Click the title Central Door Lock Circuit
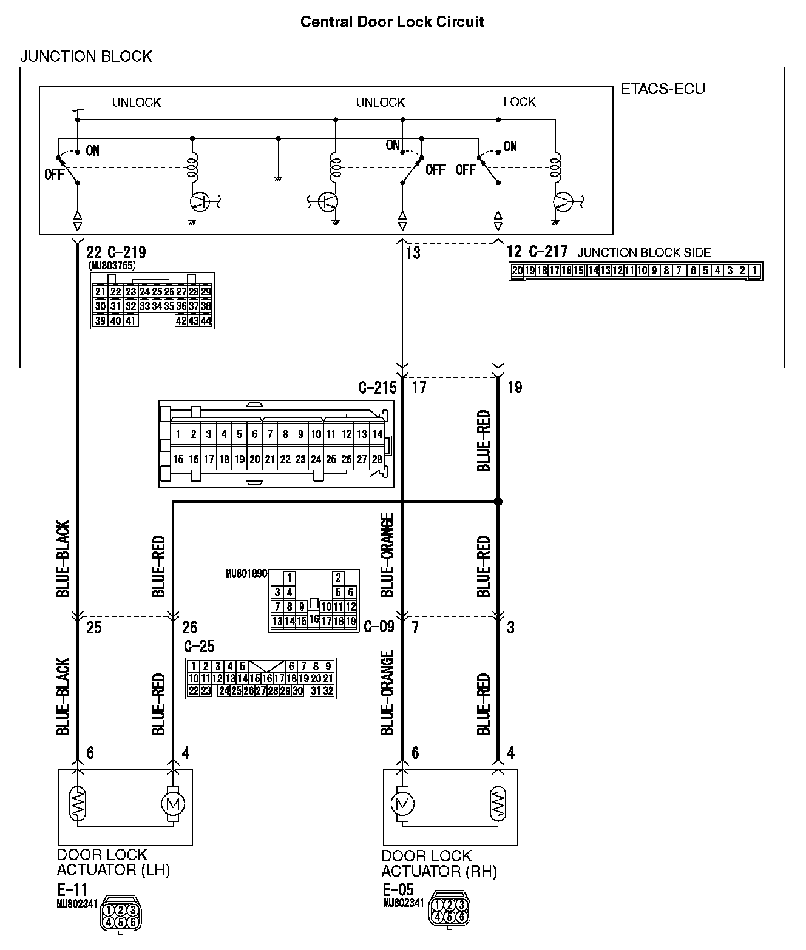click(392, 22)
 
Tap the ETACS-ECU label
click(663, 89)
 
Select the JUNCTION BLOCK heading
click(86, 56)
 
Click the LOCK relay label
click(520, 102)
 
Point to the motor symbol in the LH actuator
click(173, 804)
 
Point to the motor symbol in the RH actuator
click(401, 804)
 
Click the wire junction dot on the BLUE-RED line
click(498, 502)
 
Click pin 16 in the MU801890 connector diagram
click(314, 619)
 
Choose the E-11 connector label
click(72, 890)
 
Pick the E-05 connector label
click(398, 890)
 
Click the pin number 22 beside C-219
click(94, 252)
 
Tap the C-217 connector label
click(547, 252)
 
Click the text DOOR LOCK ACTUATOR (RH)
click(439, 864)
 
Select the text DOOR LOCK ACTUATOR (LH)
click(113, 863)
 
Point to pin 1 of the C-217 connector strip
click(754, 271)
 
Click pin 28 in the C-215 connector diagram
click(377, 460)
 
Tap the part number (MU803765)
click(112, 265)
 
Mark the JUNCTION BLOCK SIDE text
click(644, 252)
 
